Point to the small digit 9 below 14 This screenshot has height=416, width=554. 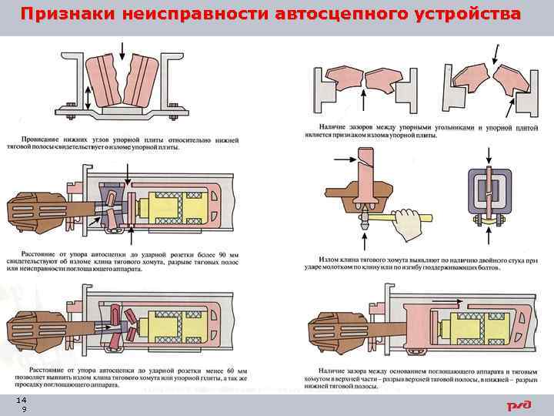click(x=24, y=410)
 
